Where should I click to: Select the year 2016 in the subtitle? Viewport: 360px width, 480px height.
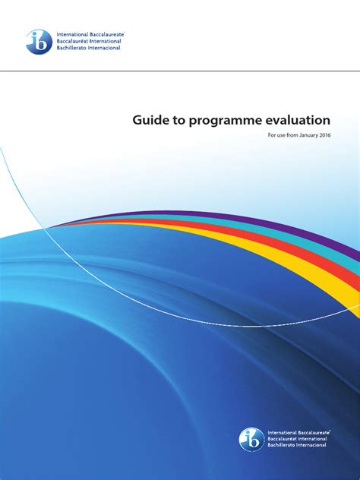click(324, 135)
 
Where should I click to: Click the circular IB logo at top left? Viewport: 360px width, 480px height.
click(37, 42)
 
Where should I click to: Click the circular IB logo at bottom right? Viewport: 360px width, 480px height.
click(251, 439)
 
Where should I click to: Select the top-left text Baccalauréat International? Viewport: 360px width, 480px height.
click(85, 42)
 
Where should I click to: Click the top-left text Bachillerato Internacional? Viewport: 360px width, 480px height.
click(85, 49)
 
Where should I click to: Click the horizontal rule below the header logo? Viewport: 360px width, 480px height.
click(180, 72)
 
